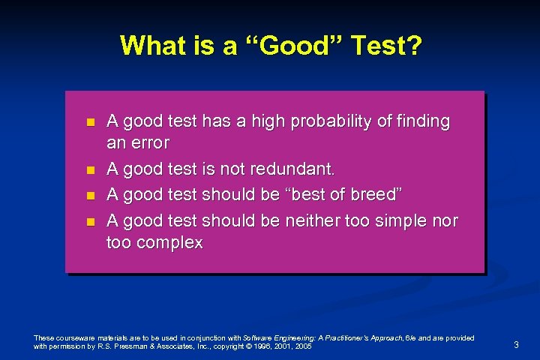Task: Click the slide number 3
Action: pos(516,344)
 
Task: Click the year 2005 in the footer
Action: pos(304,347)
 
